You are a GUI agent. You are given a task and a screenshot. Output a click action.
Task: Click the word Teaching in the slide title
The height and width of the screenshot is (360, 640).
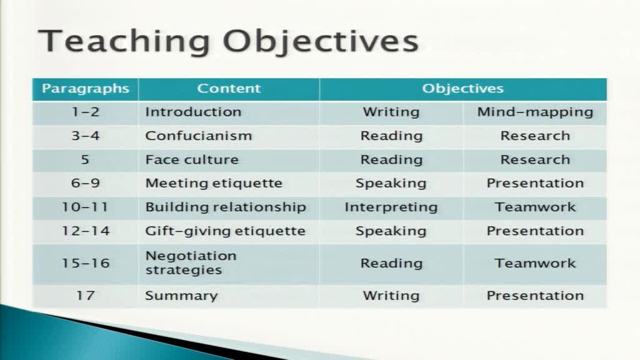coord(124,41)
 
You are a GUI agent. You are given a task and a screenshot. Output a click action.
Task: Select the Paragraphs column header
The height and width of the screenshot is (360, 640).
coord(85,89)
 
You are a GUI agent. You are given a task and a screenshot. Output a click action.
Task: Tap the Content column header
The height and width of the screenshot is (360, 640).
coord(229,88)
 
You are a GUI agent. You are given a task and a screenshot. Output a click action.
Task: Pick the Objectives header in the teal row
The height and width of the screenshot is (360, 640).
coord(463,89)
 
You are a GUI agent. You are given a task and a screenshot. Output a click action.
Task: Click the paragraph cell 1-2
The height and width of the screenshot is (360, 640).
coord(86,112)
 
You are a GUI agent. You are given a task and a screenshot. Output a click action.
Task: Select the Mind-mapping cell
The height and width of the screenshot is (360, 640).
coord(535,112)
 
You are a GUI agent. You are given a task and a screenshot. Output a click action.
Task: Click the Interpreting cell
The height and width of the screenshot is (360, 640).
coord(391,207)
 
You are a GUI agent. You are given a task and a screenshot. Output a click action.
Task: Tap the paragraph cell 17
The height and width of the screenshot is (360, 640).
coord(86,295)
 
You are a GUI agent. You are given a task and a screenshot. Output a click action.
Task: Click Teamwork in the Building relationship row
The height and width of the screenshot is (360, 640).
coord(535,207)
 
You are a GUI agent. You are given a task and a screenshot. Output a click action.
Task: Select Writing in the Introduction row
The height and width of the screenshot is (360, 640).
coord(391,112)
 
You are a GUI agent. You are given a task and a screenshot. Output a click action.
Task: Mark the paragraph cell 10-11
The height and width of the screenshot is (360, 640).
coord(85,207)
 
